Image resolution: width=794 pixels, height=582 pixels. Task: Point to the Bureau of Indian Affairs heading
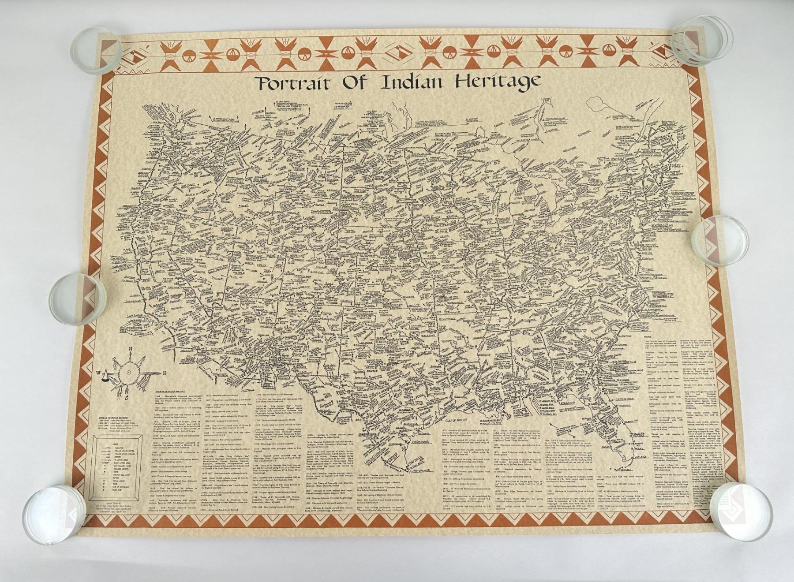pyautogui.click(x=112, y=416)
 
